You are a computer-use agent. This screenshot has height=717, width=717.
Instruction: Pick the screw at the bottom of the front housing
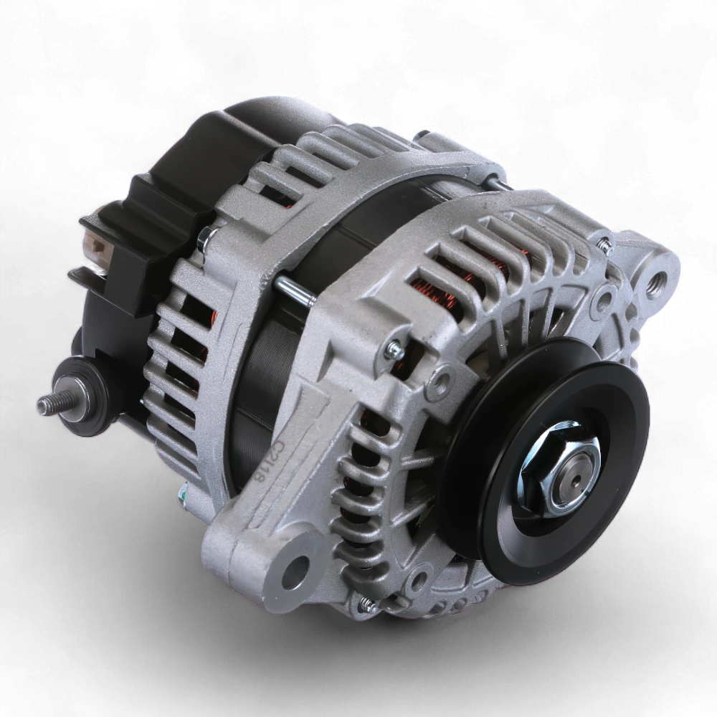click(x=369, y=606)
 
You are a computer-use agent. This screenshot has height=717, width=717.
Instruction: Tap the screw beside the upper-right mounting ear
click(x=606, y=247)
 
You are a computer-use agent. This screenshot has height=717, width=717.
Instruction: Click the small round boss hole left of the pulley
click(x=444, y=374)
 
